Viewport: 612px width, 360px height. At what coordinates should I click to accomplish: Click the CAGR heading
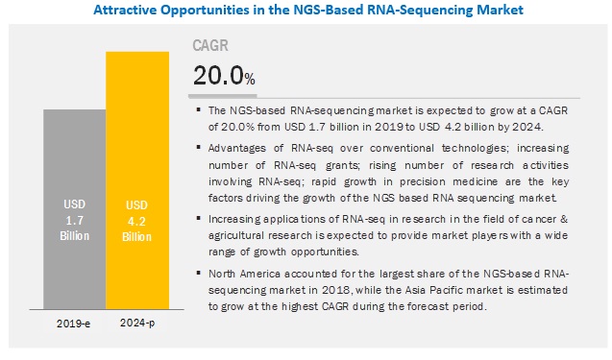pos(212,44)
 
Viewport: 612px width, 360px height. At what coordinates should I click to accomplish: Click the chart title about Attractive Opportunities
pos(306,12)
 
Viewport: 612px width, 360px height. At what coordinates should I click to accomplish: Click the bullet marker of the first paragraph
pos(197,110)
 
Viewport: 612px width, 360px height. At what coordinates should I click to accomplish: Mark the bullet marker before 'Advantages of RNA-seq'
pos(197,148)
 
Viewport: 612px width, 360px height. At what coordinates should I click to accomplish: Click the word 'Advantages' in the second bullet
pos(239,148)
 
